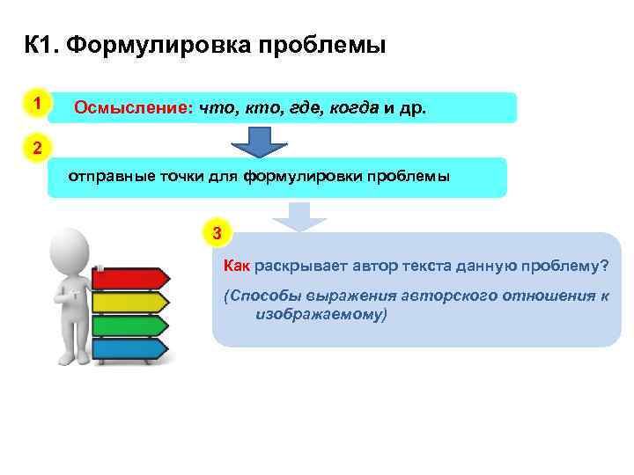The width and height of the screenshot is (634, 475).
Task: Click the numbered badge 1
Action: [36, 104]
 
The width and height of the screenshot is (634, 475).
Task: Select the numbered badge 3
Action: [218, 234]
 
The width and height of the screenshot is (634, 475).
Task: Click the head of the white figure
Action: [70, 246]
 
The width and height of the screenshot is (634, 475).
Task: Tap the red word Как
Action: [238, 265]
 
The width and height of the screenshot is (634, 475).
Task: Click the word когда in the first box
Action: [352, 107]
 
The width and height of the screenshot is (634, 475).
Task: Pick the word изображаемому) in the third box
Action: [321, 313]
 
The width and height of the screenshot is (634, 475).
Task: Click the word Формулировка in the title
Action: [158, 44]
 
